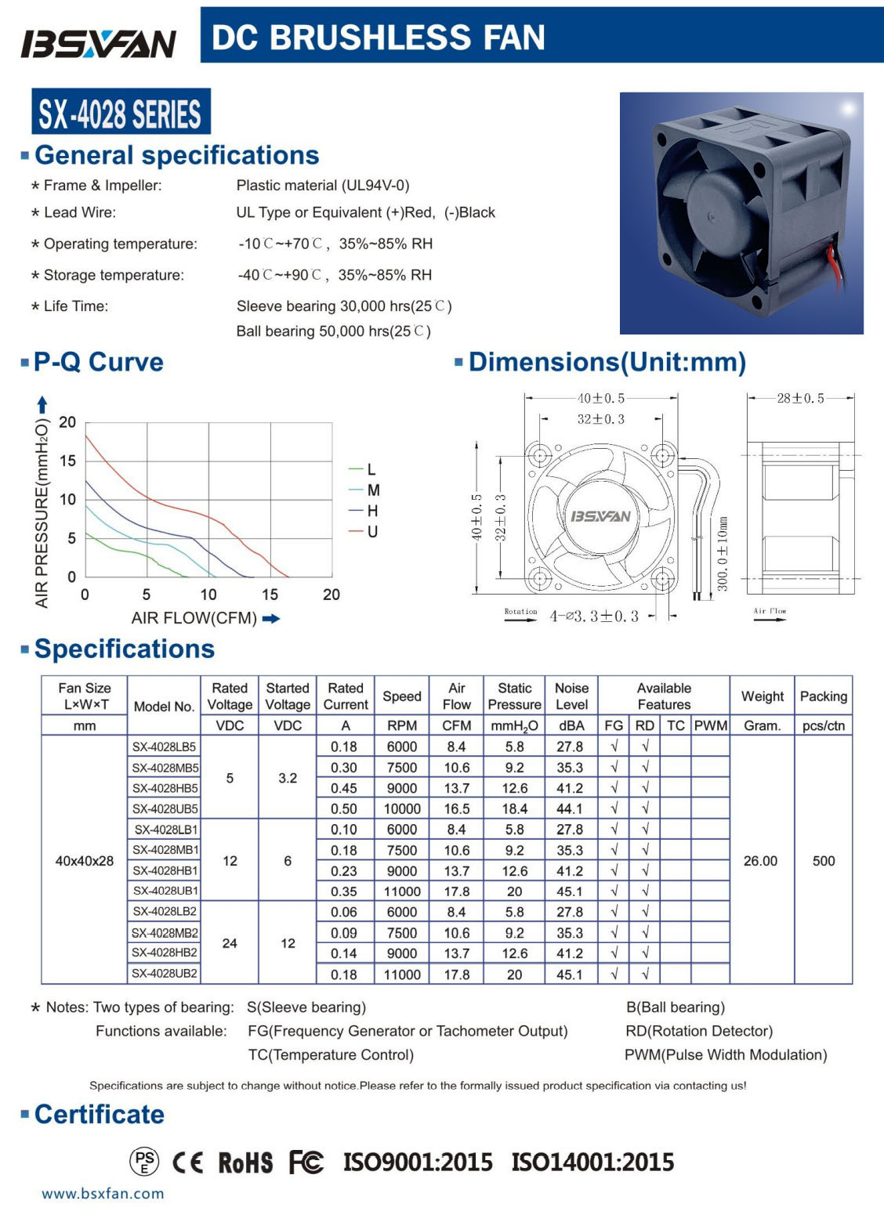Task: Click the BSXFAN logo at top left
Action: tap(99, 44)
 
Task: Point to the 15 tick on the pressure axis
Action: tap(68, 461)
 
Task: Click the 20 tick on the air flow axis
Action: tap(331, 595)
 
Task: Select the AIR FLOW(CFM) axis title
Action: tap(194, 618)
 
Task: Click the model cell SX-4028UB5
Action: tap(165, 808)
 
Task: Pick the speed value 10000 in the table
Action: tap(402, 808)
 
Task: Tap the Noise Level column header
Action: tap(571, 696)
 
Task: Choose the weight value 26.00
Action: tap(760, 861)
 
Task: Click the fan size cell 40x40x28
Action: tap(84, 861)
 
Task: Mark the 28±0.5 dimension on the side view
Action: tap(800, 399)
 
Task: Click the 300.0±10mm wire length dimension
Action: tap(723, 554)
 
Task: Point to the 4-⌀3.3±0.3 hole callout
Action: tap(594, 616)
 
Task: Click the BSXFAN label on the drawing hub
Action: tap(600, 516)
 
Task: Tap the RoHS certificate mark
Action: tap(245, 1162)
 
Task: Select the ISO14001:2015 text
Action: tap(592, 1162)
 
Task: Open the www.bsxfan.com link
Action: tap(103, 1194)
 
